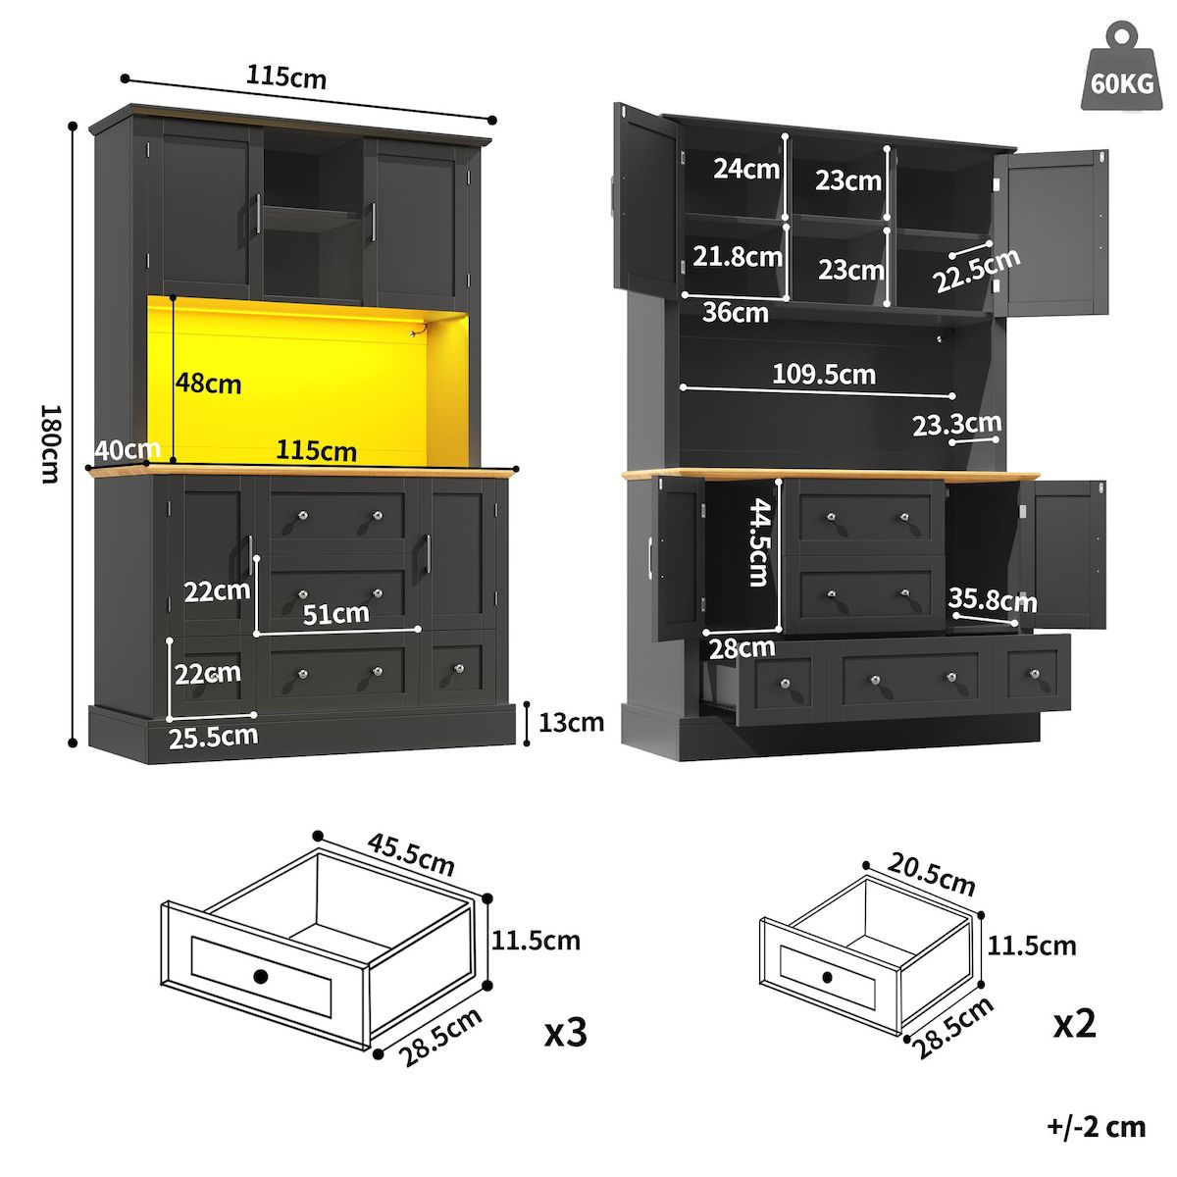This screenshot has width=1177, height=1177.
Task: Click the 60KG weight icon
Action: [x=1121, y=72]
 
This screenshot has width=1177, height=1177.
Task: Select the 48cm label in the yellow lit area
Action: [x=209, y=383]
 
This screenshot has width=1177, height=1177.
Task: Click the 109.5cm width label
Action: [x=824, y=374]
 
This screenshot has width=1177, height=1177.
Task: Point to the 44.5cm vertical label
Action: [x=758, y=541]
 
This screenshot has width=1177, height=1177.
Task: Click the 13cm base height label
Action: [x=571, y=723]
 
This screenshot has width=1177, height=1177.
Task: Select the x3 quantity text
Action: [x=566, y=1031]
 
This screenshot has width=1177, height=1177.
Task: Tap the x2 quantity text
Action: [x=1074, y=1023]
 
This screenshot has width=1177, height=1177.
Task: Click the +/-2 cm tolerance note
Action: [x=1096, y=1127]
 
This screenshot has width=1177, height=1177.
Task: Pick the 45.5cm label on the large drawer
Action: [x=412, y=853]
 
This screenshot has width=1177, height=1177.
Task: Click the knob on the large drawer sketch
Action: [x=260, y=976]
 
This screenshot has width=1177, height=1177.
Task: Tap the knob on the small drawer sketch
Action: [x=827, y=977]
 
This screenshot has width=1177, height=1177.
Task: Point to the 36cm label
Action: [x=735, y=313]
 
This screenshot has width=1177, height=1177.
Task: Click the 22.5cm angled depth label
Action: [x=976, y=271]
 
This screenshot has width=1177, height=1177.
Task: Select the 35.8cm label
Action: [x=992, y=599]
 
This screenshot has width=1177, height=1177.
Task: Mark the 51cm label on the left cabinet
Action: [x=336, y=614]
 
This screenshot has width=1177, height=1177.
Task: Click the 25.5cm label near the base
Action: [x=213, y=736]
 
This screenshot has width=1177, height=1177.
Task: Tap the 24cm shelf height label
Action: [x=746, y=168]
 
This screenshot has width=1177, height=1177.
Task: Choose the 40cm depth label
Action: [x=128, y=449]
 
